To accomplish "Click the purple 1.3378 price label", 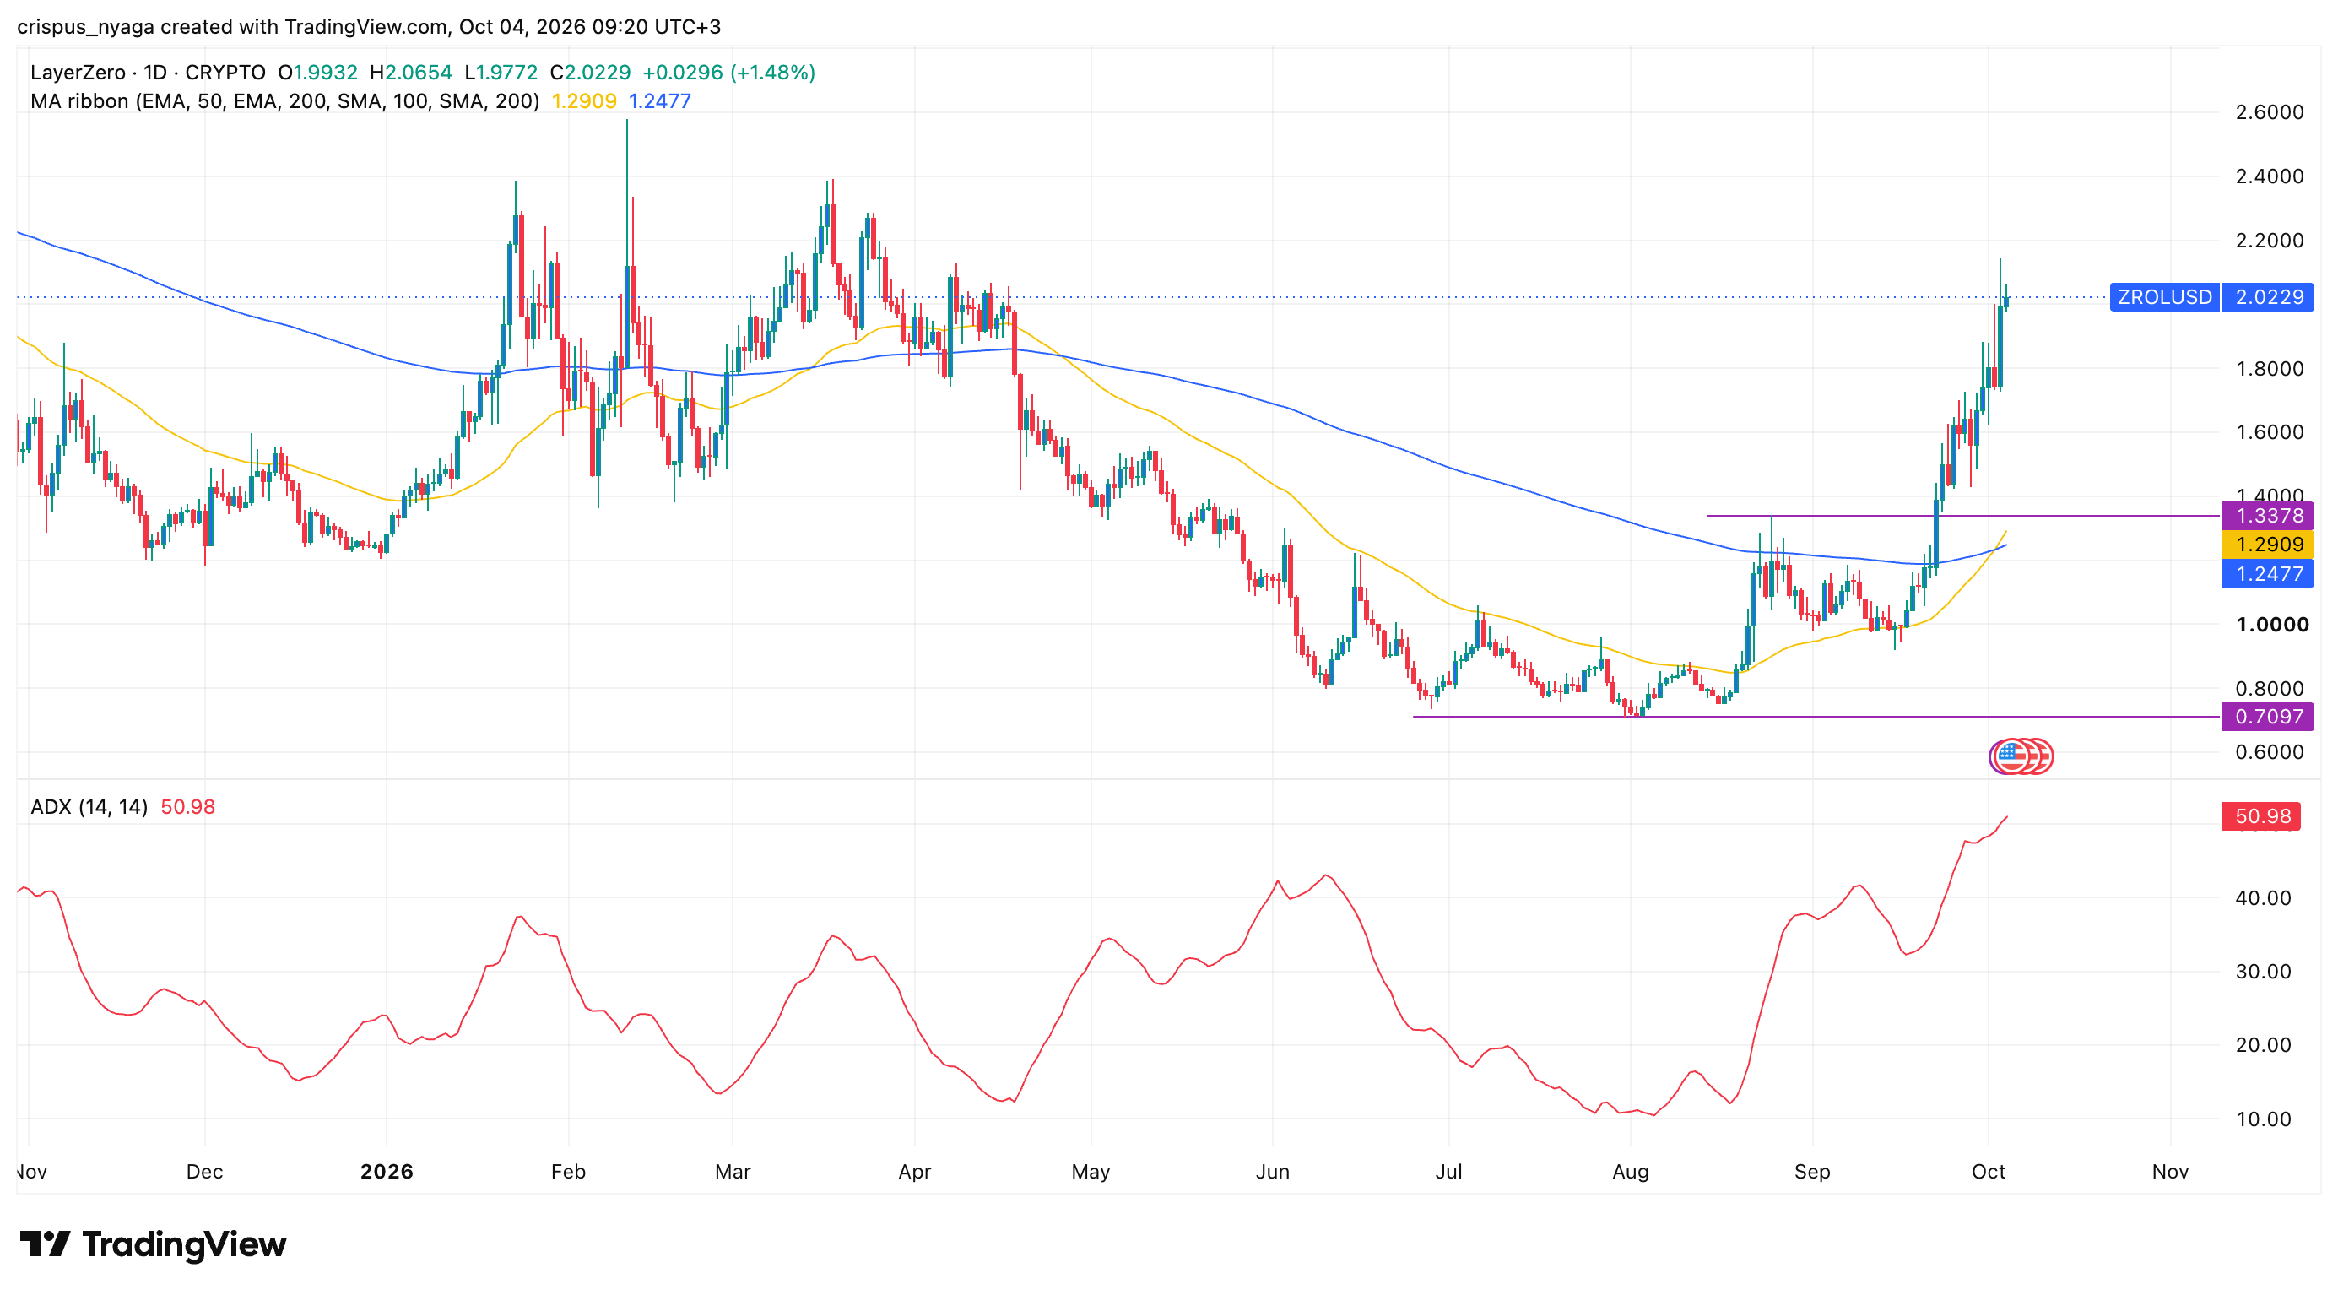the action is pyautogui.click(x=2267, y=516).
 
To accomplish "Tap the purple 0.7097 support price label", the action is pyautogui.click(x=2267, y=716).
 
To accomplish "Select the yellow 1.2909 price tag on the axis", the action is pyautogui.click(x=2267, y=545).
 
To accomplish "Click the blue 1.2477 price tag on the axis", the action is pyautogui.click(x=2267, y=573).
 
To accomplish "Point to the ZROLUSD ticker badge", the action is pyautogui.click(x=2165, y=297).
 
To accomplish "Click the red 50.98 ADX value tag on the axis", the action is pyautogui.click(x=2261, y=815).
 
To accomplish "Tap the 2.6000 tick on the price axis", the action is pyautogui.click(x=2269, y=112).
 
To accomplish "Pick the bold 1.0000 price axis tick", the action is pyautogui.click(x=2272, y=625).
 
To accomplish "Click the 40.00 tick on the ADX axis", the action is pyautogui.click(x=2264, y=897).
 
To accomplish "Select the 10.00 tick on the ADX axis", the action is pyautogui.click(x=2264, y=1119).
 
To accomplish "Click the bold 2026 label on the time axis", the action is pyautogui.click(x=387, y=1172).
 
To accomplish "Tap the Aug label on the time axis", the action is pyautogui.click(x=1630, y=1172).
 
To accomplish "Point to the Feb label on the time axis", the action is pyautogui.click(x=568, y=1172).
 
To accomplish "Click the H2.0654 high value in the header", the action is pyautogui.click(x=410, y=73).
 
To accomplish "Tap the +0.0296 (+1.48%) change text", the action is pyautogui.click(x=728, y=73).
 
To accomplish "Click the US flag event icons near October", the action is pyautogui.click(x=2021, y=756).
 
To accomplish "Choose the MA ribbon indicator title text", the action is pyautogui.click(x=284, y=100).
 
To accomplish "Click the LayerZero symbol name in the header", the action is pyautogui.click(x=77, y=73).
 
